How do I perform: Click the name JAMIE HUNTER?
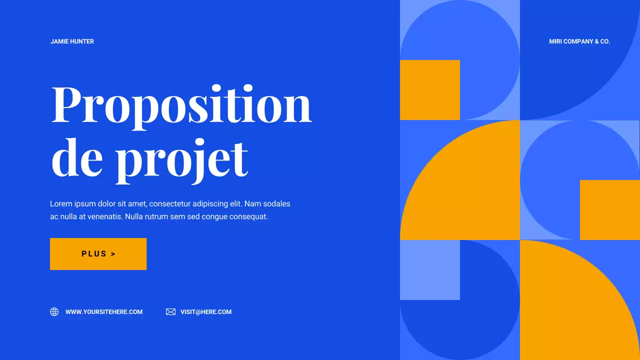coord(72,41)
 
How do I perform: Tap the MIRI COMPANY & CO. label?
coord(579,41)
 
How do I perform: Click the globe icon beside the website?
coord(54,312)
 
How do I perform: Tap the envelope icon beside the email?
coord(170,312)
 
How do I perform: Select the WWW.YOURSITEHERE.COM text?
coord(104,312)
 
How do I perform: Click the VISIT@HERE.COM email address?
coord(206,312)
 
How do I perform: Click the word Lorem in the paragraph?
coord(60,204)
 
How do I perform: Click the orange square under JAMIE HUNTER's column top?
coord(429,90)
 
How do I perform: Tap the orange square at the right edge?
coord(610,210)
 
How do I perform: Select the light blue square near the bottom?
coord(429,270)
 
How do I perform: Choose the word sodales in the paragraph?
coord(276,204)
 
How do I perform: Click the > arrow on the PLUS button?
coord(113,254)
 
